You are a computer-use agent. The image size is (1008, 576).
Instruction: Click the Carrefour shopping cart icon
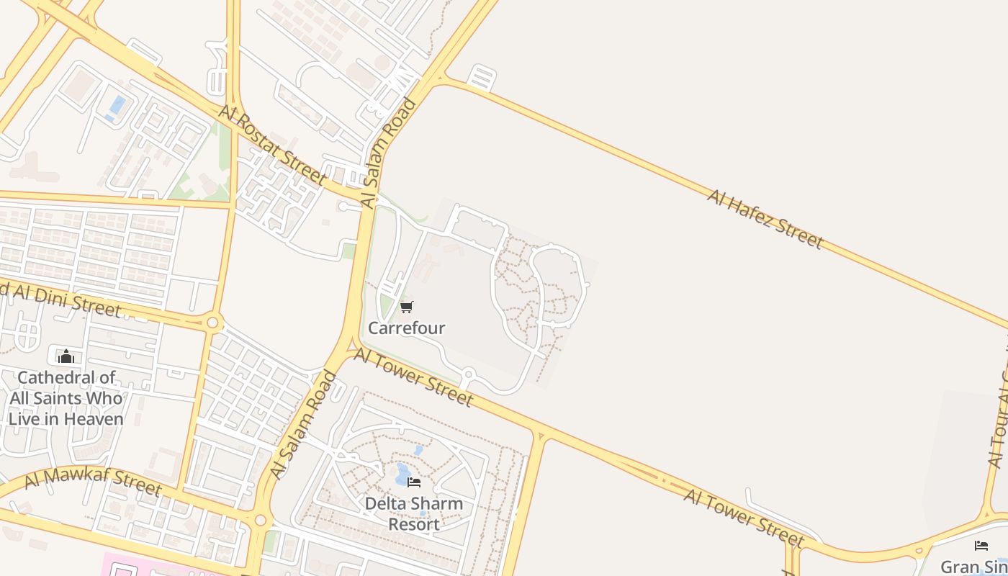tap(406, 307)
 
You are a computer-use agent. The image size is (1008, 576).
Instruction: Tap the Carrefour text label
tap(406, 328)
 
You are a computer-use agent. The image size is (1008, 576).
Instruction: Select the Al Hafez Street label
tap(764, 218)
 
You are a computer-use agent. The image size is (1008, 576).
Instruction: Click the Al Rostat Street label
tap(273, 143)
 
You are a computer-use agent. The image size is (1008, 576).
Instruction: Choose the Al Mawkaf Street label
tap(92, 482)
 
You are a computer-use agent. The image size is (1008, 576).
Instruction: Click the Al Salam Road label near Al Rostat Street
tap(389, 153)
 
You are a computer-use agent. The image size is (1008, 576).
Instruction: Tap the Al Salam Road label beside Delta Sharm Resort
tap(303, 425)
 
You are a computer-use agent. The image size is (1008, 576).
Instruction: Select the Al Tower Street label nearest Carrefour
tap(413, 378)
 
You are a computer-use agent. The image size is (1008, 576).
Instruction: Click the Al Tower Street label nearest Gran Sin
tap(743, 518)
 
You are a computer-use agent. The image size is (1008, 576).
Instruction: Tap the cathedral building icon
tap(66, 356)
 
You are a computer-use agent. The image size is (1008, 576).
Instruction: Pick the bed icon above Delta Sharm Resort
tap(413, 482)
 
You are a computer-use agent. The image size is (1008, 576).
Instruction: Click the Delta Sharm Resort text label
tap(413, 513)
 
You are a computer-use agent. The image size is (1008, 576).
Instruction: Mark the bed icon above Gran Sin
tap(981, 545)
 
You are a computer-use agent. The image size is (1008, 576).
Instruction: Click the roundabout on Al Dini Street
tap(212, 322)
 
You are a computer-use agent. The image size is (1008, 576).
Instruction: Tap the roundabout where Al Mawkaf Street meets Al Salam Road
tap(260, 520)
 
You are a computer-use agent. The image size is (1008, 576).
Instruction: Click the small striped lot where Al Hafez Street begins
tap(482, 77)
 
